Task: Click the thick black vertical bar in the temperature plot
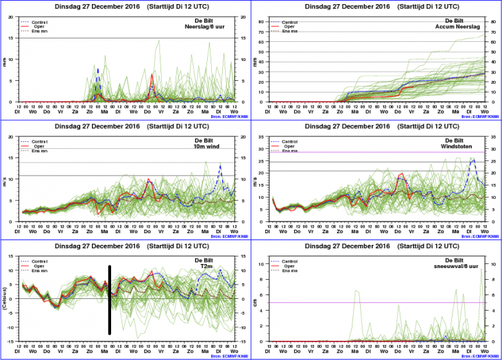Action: coord(110,300)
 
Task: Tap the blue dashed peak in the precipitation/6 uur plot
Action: coord(98,69)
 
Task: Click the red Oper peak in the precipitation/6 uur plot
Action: coord(152,75)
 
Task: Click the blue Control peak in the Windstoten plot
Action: coord(473,159)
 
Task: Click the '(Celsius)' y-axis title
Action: coord(5,299)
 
